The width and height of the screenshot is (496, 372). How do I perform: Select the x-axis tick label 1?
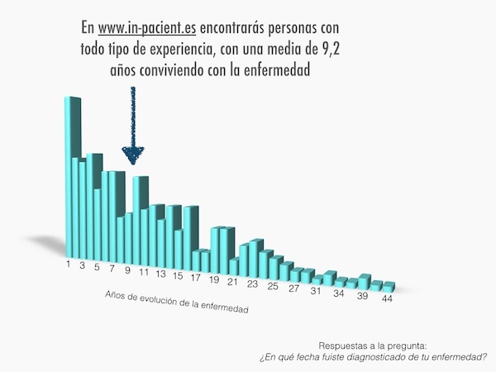(70, 265)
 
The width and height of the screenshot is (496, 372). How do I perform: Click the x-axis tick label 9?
(128, 270)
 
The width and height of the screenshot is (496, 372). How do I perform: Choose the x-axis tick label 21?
(233, 281)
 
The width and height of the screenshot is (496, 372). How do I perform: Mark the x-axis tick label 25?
(272, 285)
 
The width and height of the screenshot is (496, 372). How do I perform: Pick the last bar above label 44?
(388, 285)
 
